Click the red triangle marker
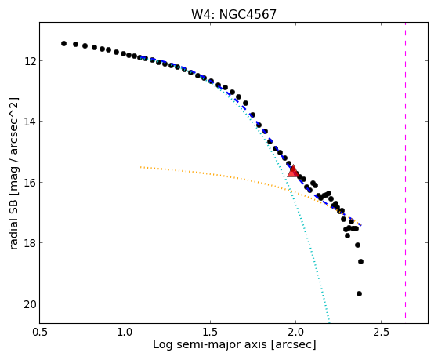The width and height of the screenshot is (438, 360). pos(293,172)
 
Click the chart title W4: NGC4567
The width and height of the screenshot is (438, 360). pos(233,14)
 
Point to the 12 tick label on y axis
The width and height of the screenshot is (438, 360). pos(29,60)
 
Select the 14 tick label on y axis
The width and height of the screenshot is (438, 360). pos(29,122)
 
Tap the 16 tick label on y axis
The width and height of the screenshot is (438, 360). pos(29,183)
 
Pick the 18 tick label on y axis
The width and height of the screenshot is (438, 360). pos(29,243)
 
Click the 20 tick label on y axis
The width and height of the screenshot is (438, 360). pos(29,304)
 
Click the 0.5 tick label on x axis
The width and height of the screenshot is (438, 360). pos(40,332)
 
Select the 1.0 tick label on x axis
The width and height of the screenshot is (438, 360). pos(125,332)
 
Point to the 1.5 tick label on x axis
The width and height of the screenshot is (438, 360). pos(210,332)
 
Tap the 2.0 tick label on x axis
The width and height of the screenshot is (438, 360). pos(295,332)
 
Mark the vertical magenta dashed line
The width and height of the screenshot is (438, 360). pos(405,170)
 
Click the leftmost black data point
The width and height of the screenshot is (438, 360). pos(63,43)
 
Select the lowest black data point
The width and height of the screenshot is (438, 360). pos(359,293)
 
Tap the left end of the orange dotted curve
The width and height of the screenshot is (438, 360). pos(140,167)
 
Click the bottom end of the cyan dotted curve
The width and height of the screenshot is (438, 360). pos(329,321)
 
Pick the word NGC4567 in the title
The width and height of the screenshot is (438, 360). pos(248,14)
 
